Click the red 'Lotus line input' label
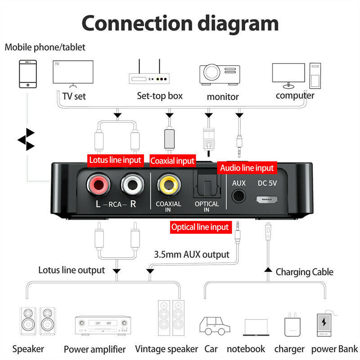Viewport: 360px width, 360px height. coord(115,159)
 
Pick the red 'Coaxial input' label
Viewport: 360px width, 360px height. coord(172,161)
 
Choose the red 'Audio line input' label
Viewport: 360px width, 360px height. coord(247,168)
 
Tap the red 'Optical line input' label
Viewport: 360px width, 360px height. coord(200,227)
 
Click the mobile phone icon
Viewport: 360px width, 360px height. coord(28,74)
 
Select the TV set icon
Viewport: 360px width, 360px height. coord(73,73)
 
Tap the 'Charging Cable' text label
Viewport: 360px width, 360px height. coord(304,272)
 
